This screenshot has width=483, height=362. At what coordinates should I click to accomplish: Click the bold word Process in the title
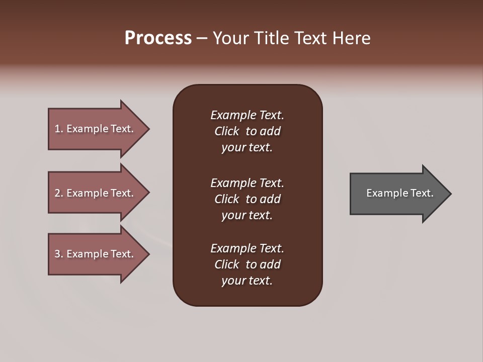[x=158, y=38]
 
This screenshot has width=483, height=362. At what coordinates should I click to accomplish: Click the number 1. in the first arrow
[x=59, y=129]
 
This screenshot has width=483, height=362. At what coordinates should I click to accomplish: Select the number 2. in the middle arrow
[x=59, y=193]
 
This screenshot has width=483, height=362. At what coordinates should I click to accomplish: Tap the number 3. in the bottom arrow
[x=59, y=254]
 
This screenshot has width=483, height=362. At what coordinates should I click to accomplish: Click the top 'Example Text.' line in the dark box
[x=247, y=115]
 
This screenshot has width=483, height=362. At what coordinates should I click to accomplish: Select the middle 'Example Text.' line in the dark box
[x=247, y=183]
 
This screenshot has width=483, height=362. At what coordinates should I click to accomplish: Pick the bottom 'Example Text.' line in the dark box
[x=247, y=248]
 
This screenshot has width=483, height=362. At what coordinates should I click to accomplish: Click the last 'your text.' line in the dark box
[x=247, y=281]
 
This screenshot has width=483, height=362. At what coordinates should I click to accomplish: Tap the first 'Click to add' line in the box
[x=247, y=131]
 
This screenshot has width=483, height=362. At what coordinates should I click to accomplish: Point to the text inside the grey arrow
[x=399, y=193]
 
